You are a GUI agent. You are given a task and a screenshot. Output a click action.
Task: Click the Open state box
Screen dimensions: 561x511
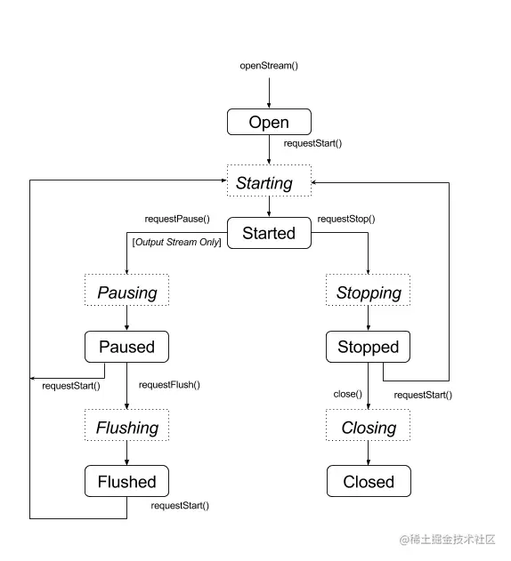pyautogui.click(x=269, y=122)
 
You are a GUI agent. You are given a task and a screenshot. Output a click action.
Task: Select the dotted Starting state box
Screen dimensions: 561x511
pyautogui.click(x=269, y=182)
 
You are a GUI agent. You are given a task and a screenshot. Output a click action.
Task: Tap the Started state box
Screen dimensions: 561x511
pyautogui.click(x=269, y=233)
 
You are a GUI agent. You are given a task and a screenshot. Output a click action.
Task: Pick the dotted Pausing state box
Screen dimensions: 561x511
pyautogui.click(x=126, y=293)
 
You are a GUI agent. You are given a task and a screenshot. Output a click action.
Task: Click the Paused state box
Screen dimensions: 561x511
pyautogui.click(x=126, y=347)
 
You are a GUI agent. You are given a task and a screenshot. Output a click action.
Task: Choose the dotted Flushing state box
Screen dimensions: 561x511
pyautogui.click(x=126, y=428)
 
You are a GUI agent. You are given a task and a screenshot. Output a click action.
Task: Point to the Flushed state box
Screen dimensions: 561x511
pyautogui.click(x=126, y=482)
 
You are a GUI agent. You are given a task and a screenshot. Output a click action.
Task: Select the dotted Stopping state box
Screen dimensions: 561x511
pyautogui.click(x=369, y=293)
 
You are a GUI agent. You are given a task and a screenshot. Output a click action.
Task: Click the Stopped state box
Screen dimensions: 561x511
pyautogui.click(x=369, y=347)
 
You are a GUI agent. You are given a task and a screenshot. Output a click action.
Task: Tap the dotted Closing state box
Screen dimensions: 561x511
pyautogui.click(x=369, y=428)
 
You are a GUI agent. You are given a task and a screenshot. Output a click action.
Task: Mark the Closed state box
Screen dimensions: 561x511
pyautogui.click(x=369, y=482)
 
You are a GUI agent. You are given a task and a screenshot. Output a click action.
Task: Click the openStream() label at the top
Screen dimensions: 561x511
pyautogui.click(x=269, y=66)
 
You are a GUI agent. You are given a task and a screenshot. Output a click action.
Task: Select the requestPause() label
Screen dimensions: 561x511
pyautogui.click(x=177, y=218)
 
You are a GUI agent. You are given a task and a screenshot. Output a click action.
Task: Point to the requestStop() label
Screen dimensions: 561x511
pyautogui.click(x=346, y=218)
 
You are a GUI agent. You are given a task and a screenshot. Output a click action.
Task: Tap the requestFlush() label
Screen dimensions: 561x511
pyautogui.click(x=169, y=385)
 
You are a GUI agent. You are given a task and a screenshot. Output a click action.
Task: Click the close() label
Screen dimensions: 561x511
pyautogui.click(x=346, y=394)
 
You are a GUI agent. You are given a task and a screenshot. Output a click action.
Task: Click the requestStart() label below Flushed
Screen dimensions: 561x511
pyautogui.click(x=179, y=506)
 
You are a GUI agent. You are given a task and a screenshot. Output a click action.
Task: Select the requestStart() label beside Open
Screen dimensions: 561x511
pyautogui.click(x=313, y=142)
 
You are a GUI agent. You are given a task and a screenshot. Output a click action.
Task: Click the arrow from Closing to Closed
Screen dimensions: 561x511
pyautogui.click(x=369, y=453)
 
